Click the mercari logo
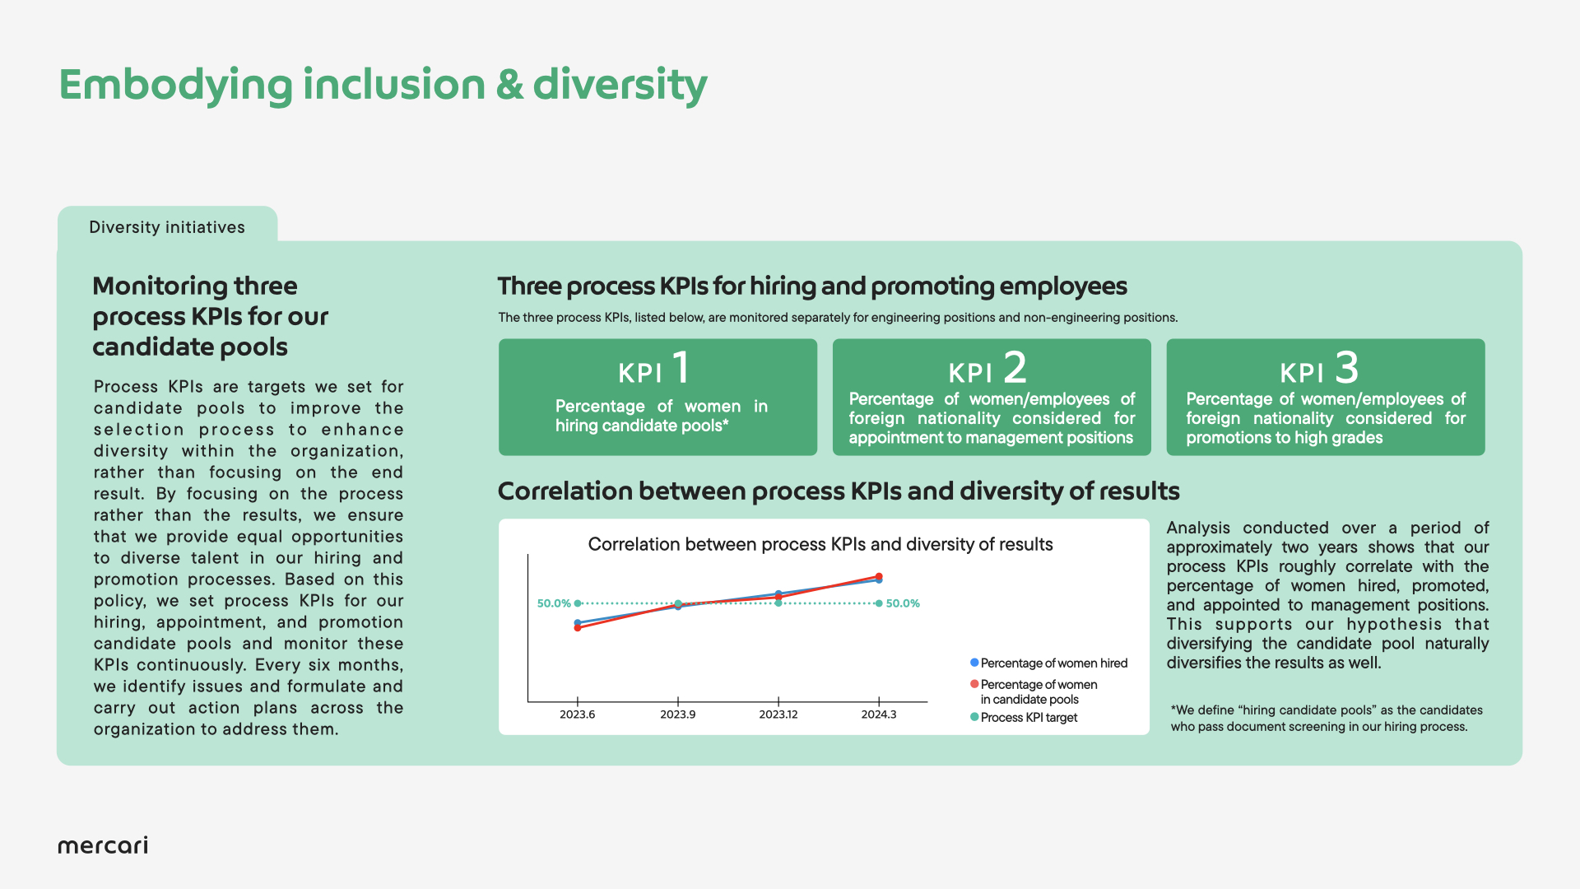coord(103,845)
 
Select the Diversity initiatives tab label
coord(167,227)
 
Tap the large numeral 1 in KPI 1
coord(681,367)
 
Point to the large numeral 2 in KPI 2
coord(1015,367)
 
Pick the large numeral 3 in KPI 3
coord(1347,367)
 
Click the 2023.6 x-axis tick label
coord(577,714)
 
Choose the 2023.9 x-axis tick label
coord(677,714)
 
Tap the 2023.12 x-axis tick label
coord(778,714)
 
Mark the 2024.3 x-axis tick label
coord(879,714)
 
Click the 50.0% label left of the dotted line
coord(554,603)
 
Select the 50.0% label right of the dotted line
coord(903,603)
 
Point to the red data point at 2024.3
coord(879,577)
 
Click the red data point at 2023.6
coord(578,628)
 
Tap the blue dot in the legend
coord(974,663)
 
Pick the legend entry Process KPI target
coord(1025,718)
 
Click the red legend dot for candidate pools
coord(974,684)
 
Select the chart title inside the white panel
coord(820,545)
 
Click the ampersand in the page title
coord(509,85)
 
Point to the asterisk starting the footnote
coord(1173,708)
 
